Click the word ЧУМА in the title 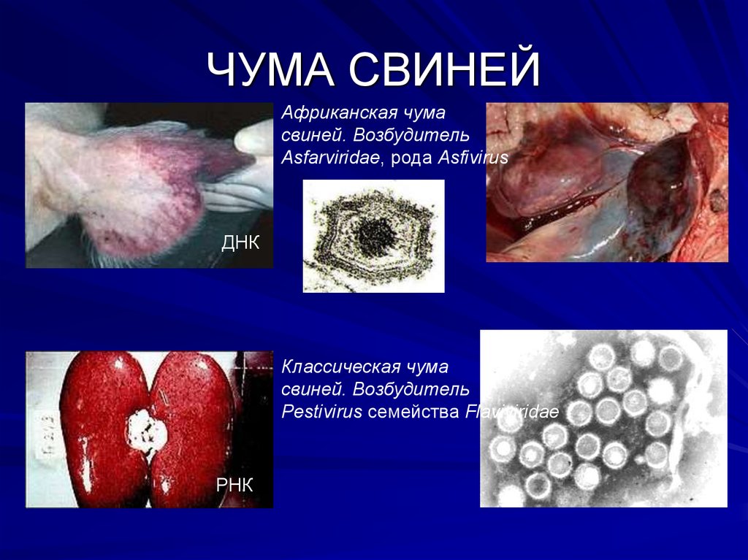click(x=270, y=70)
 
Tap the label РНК click(x=234, y=484)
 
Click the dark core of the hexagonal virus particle click(x=374, y=235)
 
